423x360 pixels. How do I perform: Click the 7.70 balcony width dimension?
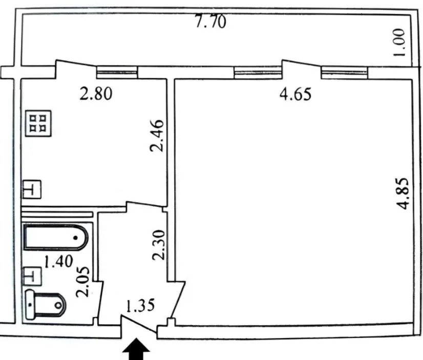pos(210,22)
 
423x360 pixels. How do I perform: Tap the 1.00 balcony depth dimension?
pos(400,43)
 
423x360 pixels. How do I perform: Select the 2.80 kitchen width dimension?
pos(96,94)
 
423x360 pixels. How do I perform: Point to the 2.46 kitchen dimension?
pos(157,136)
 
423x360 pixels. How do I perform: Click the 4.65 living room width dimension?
pos(295,94)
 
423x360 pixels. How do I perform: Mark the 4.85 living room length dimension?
pos(404,194)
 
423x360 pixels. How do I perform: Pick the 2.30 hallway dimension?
pos(158,245)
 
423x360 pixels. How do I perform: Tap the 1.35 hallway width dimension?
pos(140,305)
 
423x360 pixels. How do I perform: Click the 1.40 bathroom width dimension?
pos(58,261)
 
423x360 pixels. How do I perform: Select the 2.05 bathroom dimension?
pos(82,282)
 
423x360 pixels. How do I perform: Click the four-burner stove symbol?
pos(38,123)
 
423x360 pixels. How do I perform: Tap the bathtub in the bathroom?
pos(56,238)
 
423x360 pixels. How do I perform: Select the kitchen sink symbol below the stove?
pos(32,189)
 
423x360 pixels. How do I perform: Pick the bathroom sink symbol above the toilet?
pos(32,276)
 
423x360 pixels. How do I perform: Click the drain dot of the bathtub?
pos(76,238)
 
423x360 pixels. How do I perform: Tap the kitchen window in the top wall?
pos(117,72)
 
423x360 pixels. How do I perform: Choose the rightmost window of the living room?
pos(345,73)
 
